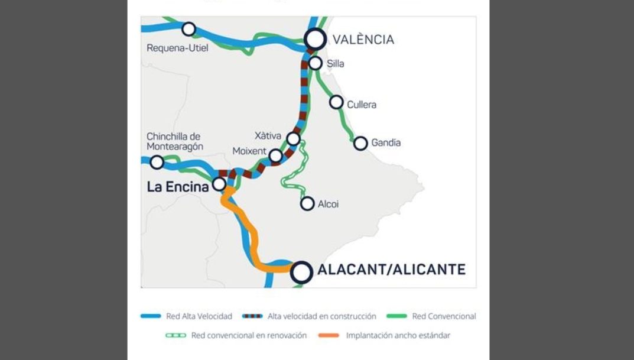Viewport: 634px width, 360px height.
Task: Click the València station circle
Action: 316,39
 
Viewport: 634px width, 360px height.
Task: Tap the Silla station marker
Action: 316,63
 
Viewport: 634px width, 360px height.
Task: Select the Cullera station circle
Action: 336,102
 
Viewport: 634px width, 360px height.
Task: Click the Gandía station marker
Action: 360,143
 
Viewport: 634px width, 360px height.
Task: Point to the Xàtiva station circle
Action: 293,139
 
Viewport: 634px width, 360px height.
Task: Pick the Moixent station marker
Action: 275,156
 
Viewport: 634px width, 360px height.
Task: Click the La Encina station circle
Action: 219,184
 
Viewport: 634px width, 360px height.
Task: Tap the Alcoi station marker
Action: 307,203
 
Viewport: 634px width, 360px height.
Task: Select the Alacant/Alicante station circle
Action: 301,273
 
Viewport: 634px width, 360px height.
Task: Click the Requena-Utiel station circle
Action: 188,28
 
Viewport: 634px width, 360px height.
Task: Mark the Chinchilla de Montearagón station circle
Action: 157,162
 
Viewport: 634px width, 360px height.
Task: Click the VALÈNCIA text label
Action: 363,40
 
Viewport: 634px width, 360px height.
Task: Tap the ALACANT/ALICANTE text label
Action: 391,270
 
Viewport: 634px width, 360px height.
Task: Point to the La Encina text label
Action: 177,187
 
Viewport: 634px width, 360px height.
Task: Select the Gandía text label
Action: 386,142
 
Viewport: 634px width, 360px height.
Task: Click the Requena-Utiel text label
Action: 177,48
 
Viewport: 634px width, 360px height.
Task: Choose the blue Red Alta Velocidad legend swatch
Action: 151,316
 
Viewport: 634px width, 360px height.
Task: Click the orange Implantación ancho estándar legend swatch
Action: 329,335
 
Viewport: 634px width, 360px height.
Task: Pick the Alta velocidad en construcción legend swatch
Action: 252,316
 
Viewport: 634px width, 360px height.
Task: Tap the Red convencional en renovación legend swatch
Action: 175,335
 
